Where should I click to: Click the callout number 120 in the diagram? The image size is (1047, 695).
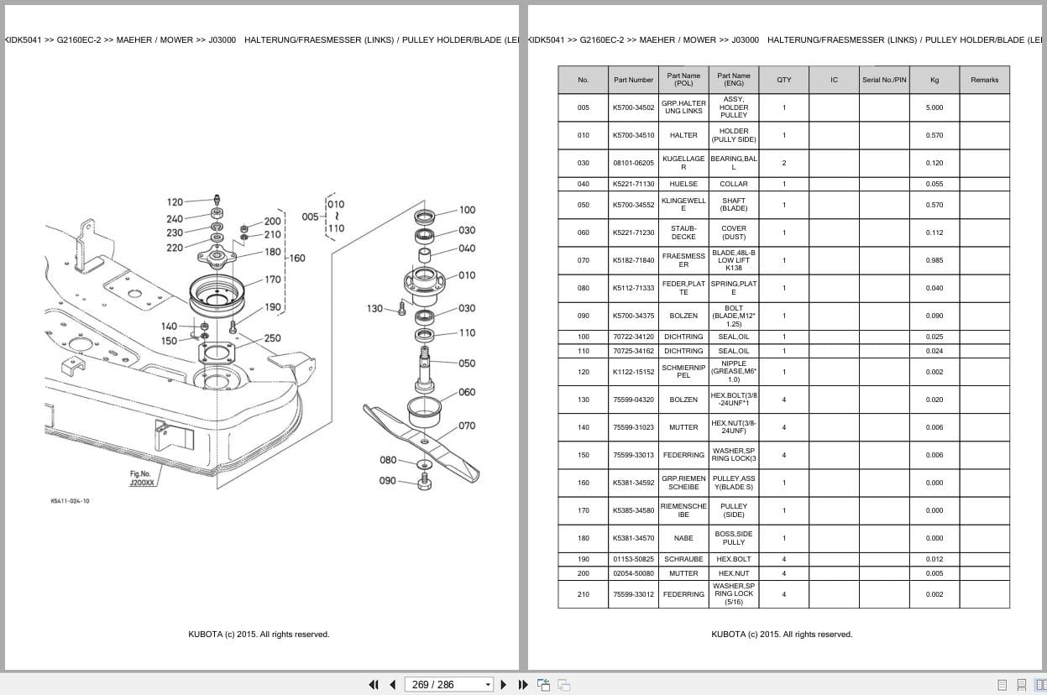[x=175, y=202]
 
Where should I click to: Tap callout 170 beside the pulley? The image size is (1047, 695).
[x=273, y=280]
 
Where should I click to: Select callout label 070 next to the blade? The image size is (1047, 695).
[x=467, y=426]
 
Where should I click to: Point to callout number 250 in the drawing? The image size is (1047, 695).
[x=273, y=338]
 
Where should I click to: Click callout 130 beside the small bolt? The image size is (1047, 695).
[x=374, y=309]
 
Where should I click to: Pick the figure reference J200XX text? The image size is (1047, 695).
[x=142, y=483]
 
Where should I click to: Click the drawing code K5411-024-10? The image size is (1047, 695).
[x=70, y=501]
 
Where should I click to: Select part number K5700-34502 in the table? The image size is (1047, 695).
[x=633, y=107]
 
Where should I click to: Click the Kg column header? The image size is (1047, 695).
[x=934, y=80]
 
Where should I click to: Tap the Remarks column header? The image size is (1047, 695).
[x=984, y=80]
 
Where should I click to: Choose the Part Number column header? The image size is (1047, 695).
[x=633, y=80]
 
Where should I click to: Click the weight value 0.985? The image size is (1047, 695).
[x=934, y=260]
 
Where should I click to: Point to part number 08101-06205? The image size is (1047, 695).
[x=633, y=163]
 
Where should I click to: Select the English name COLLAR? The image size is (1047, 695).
[x=734, y=184]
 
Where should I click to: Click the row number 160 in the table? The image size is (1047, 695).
[x=583, y=483]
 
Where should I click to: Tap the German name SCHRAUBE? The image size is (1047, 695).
[x=683, y=559]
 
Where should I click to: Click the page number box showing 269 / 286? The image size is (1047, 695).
[x=448, y=684]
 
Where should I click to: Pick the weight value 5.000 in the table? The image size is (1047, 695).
[x=934, y=107]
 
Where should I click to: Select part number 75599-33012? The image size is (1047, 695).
[x=633, y=594]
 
